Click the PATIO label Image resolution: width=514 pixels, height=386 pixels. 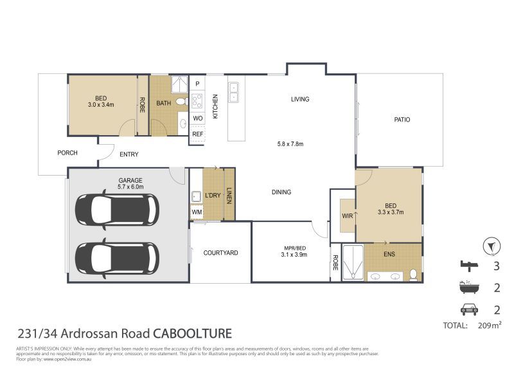click(402, 120)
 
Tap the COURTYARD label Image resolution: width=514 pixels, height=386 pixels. click(220, 253)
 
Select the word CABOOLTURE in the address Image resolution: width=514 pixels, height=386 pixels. click(192, 334)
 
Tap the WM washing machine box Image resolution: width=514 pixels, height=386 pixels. click(196, 212)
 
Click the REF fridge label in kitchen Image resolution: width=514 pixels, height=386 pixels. click(197, 134)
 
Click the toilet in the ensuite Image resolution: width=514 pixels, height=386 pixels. click(413, 275)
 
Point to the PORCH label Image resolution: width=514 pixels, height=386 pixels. click(67, 153)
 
